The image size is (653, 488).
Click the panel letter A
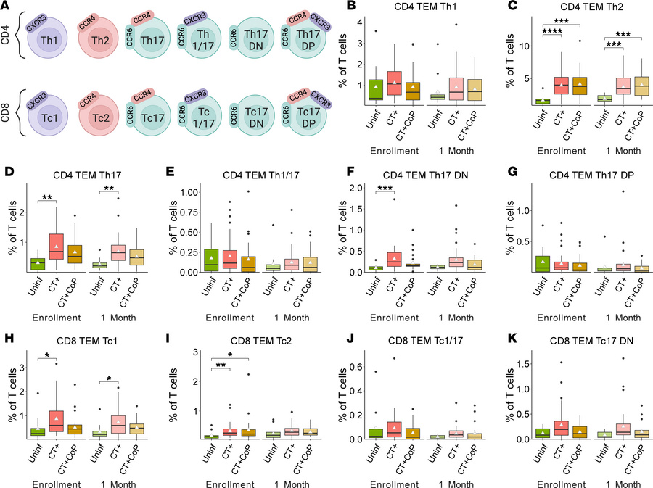click(6, 7)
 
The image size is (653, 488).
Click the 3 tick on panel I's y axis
click(196, 352)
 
